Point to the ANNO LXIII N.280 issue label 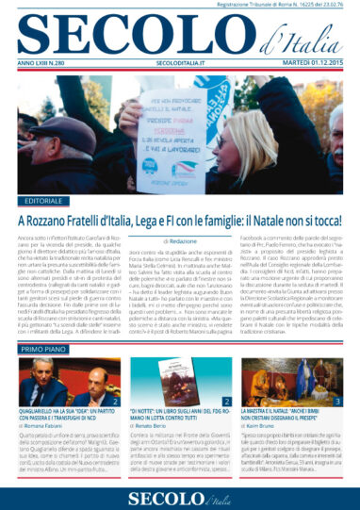(44, 63)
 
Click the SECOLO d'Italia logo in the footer (180, 491)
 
